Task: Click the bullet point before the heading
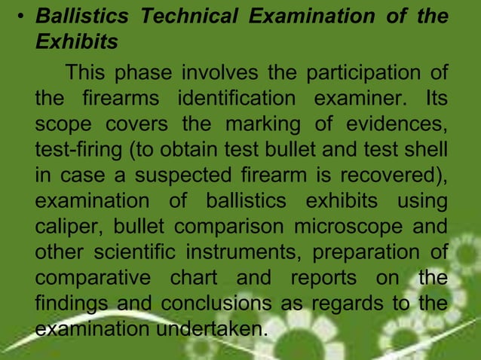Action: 23,16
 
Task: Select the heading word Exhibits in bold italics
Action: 76,43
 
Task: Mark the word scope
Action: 61,124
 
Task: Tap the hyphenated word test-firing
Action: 80,150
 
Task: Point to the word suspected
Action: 175,175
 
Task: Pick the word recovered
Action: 391,175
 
